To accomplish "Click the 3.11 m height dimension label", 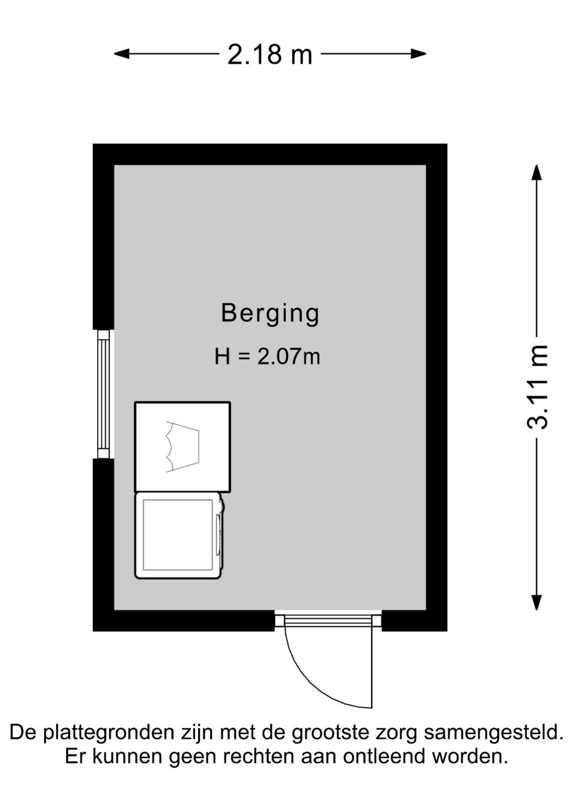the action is (x=538, y=387).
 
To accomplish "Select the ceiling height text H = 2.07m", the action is (x=267, y=356).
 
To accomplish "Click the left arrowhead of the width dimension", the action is (x=122, y=54).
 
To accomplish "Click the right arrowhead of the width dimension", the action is (x=419, y=54).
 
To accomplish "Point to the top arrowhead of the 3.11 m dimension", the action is (x=537, y=172).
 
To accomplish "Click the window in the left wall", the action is (x=103, y=394).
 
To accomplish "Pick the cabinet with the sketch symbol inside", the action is (x=183, y=447).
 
